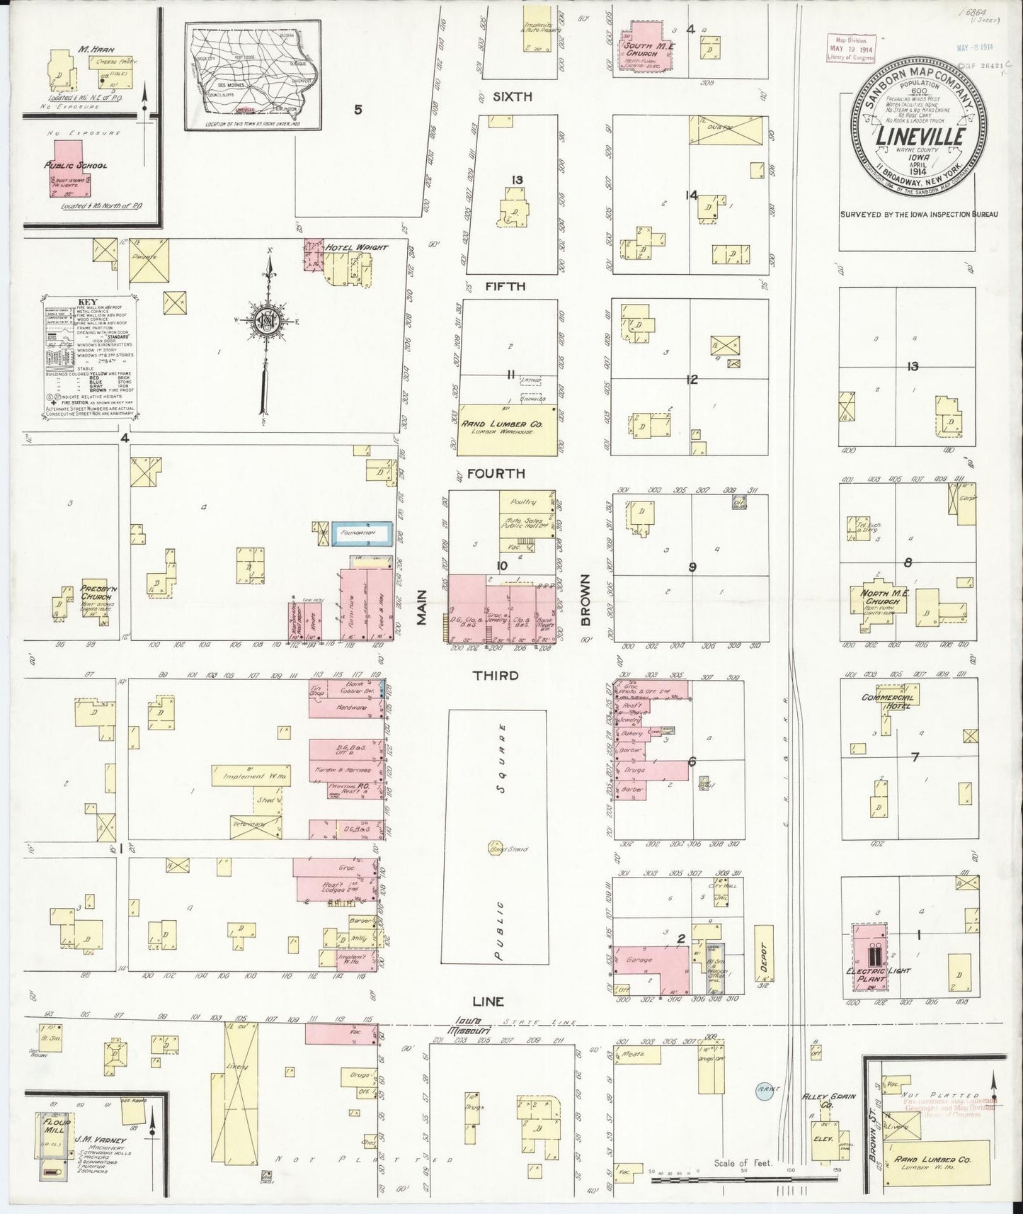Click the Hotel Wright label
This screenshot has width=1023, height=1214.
click(x=356, y=247)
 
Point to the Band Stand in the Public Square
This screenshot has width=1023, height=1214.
click(x=494, y=846)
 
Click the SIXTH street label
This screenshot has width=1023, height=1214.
click(x=513, y=97)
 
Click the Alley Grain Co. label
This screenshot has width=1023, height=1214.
click(x=819, y=1100)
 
